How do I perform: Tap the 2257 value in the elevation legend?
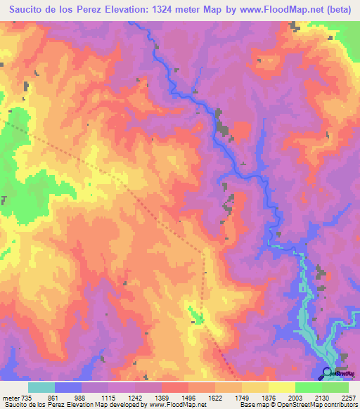coord(348,397)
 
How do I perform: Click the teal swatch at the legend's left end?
coord(41,387)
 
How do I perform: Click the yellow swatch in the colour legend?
coord(282,387)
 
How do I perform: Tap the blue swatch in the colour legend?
coord(68,387)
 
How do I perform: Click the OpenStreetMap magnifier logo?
coord(328,372)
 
